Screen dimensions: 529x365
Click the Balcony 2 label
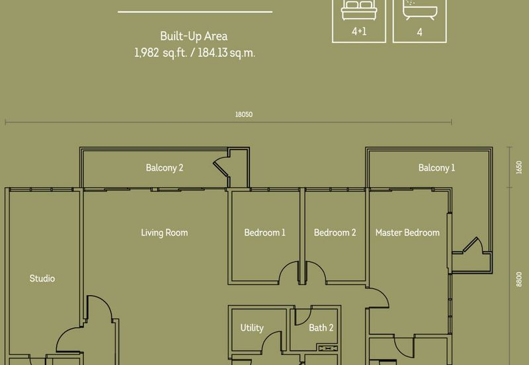pyautogui.click(x=164, y=168)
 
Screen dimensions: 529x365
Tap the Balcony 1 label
pyautogui.click(x=436, y=168)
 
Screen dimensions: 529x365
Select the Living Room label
pyautogui.click(x=164, y=233)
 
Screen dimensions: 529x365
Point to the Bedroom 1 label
pyautogui.click(x=265, y=233)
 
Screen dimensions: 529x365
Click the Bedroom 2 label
pyautogui.click(x=335, y=233)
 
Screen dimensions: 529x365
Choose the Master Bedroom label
pyautogui.click(x=407, y=233)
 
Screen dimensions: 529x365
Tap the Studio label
pyautogui.click(x=42, y=278)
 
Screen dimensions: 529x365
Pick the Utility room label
pyautogui.click(x=252, y=328)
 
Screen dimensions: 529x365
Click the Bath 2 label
pyautogui.click(x=321, y=327)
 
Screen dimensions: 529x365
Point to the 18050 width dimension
pyautogui.click(x=244, y=114)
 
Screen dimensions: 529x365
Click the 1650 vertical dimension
pyautogui.click(x=519, y=167)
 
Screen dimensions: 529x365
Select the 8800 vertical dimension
pyautogui.click(x=519, y=279)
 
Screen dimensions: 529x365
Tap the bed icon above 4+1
pyautogui.click(x=359, y=10)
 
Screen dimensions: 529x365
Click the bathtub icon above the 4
pyautogui.click(x=420, y=9)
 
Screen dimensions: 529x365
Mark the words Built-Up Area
pyautogui.click(x=194, y=36)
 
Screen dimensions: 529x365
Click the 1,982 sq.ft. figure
pyautogui.click(x=161, y=53)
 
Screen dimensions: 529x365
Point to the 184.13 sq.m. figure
pyautogui.click(x=226, y=53)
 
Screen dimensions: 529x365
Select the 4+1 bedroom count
pyautogui.click(x=359, y=31)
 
